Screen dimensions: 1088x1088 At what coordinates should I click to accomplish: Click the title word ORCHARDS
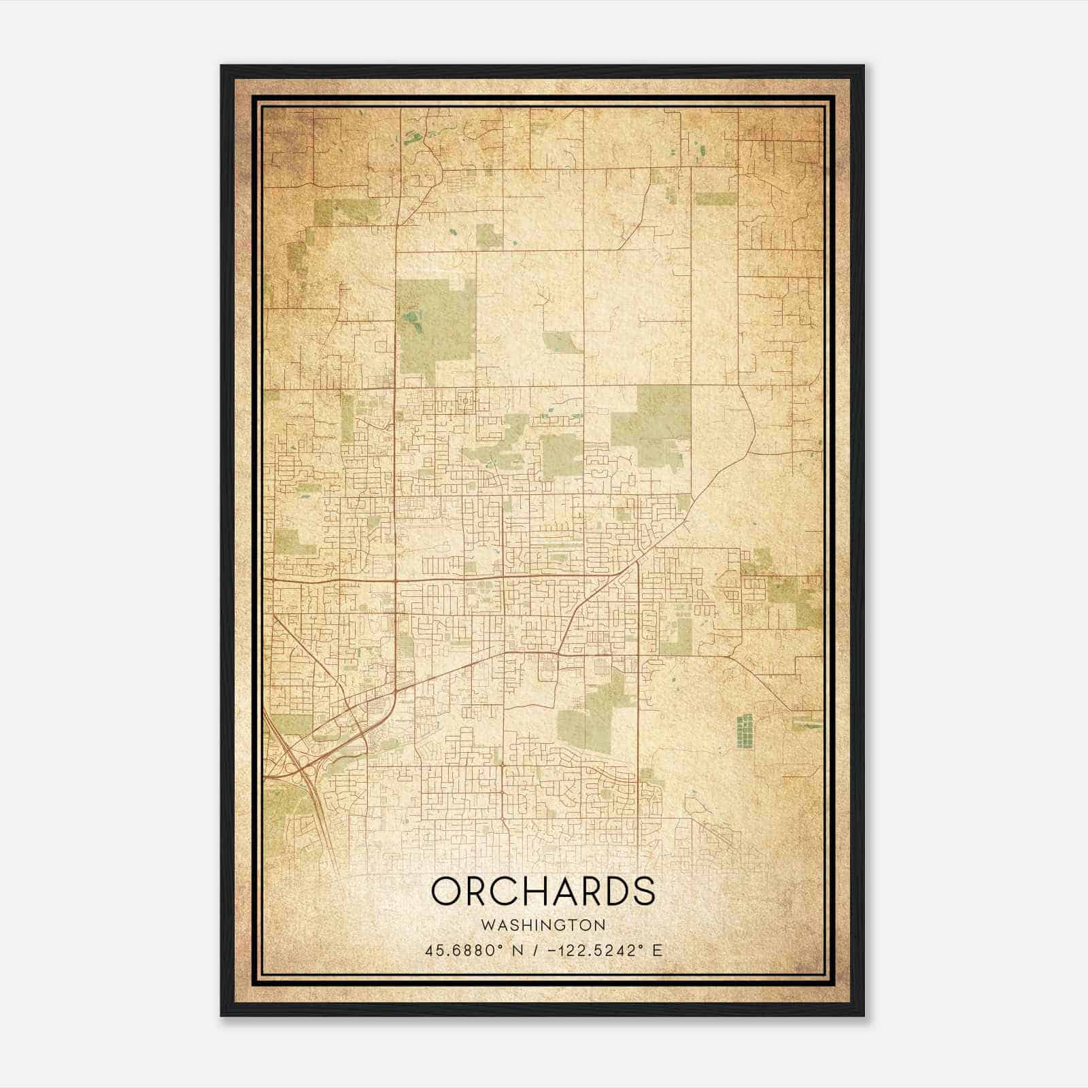tap(543, 891)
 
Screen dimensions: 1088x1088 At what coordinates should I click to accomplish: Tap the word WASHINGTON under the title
tap(543, 925)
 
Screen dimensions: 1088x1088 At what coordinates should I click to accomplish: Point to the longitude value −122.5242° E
tap(599, 950)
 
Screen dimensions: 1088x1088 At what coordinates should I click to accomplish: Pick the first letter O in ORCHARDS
tap(444, 891)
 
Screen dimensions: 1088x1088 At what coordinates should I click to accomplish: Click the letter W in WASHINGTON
tap(487, 925)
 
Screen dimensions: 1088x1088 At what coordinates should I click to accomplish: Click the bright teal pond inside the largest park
tap(410, 317)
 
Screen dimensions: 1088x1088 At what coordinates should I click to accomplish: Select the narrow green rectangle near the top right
tap(711, 199)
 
